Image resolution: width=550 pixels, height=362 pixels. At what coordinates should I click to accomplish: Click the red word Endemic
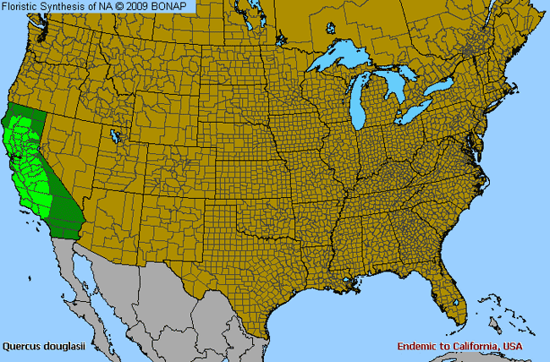[416, 347]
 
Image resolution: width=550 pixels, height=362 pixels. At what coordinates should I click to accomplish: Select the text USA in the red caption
[512, 347]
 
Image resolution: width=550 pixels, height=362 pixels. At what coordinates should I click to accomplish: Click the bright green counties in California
[24, 161]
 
